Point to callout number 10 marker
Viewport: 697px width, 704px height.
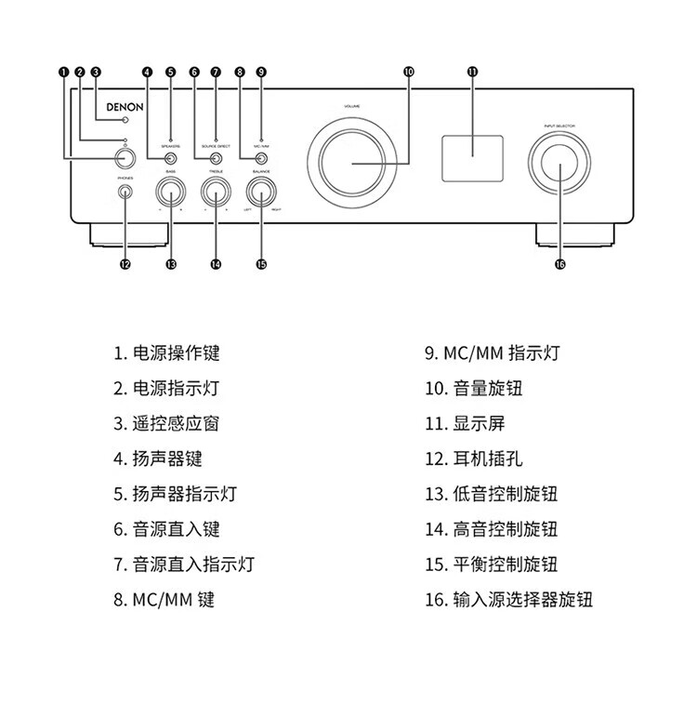(409, 72)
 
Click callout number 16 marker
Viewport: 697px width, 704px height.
(559, 264)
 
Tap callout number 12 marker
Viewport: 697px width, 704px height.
(125, 264)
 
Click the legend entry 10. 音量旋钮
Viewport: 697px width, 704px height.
(474, 388)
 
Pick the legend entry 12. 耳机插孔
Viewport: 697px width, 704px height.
(474, 458)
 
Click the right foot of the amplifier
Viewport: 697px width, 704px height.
(577, 235)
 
